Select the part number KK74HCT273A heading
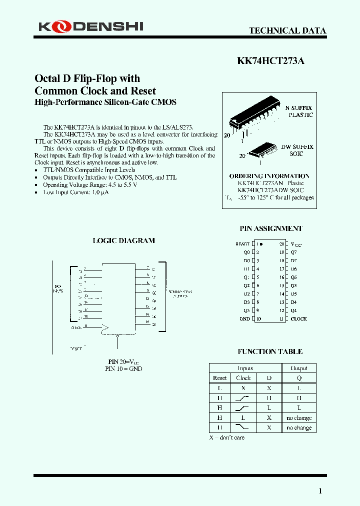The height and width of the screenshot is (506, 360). pyautogui.click(x=270, y=61)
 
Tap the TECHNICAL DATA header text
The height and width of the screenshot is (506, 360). pyautogui.click(x=287, y=30)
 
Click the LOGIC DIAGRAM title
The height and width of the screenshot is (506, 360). pyautogui.click(x=124, y=240)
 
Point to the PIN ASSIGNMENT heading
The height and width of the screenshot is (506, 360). pyautogui.click(x=271, y=228)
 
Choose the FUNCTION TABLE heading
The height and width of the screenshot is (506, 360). pyautogui.click(x=270, y=351)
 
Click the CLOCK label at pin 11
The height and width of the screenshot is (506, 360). pyautogui.click(x=299, y=318)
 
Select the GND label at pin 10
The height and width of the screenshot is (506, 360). pyautogui.click(x=244, y=318)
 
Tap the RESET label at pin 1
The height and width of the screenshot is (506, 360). pyautogui.click(x=242, y=244)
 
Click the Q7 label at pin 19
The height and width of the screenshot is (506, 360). pyautogui.click(x=293, y=252)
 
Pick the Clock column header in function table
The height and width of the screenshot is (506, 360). pyautogui.click(x=243, y=378)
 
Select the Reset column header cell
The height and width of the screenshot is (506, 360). pyautogui.click(x=219, y=378)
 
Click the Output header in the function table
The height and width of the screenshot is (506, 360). pyautogui.click(x=299, y=368)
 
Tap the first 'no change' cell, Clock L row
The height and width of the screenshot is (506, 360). pyautogui.click(x=299, y=418)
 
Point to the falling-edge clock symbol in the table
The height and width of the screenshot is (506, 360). pyautogui.click(x=243, y=427)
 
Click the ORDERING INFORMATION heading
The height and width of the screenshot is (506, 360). pyautogui.click(x=269, y=176)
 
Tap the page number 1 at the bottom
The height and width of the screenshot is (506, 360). pyautogui.click(x=320, y=491)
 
